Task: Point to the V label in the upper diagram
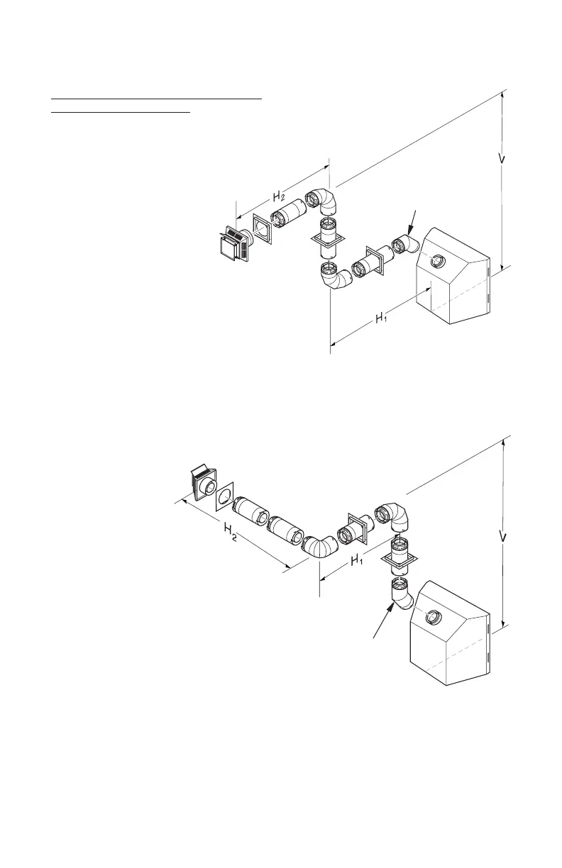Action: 502,158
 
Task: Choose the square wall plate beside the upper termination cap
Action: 262,231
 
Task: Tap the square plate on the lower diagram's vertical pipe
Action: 399,562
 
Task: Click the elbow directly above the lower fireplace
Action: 399,593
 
